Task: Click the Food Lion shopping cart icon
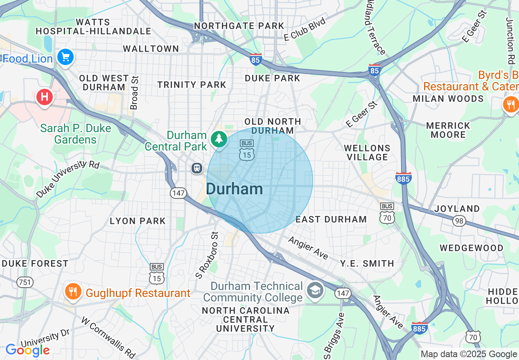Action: click(65, 57)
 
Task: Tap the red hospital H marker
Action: click(45, 97)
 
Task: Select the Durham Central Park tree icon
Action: click(219, 139)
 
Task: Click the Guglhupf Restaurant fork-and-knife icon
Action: click(73, 292)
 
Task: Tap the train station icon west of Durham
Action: click(197, 168)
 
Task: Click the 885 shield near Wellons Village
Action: click(403, 178)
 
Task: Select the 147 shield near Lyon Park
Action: click(179, 193)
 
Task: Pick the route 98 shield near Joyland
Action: click(459, 221)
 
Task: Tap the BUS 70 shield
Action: click(387, 213)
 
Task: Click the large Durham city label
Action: click(234, 189)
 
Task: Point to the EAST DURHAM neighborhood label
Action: click(331, 219)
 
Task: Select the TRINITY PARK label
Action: click(192, 85)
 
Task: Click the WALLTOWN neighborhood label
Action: click(151, 49)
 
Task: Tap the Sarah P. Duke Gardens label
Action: click(76, 134)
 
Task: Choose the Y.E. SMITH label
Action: click(367, 263)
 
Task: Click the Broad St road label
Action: click(134, 92)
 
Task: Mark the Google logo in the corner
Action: click(27, 350)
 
